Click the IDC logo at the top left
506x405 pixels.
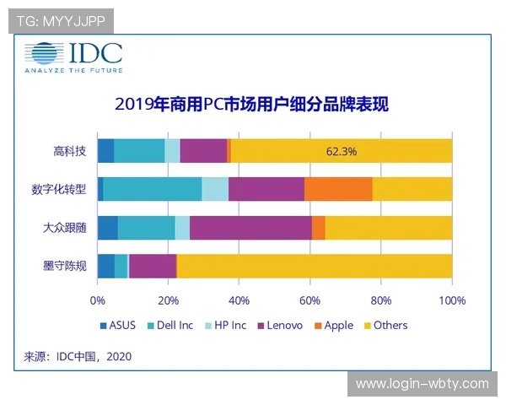pyautogui.click(x=73, y=58)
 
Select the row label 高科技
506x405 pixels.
pyautogui.click(x=69, y=151)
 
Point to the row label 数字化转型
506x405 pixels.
pyautogui.click(x=64, y=189)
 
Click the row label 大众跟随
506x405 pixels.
pyautogui.click(x=64, y=228)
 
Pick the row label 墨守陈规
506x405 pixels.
pyautogui.click(x=64, y=266)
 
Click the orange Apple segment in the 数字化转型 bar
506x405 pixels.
pyautogui.click(x=338, y=189)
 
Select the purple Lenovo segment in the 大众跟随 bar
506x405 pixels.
pyautogui.click(x=250, y=228)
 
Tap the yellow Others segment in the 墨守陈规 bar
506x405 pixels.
pyautogui.click(x=314, y=266)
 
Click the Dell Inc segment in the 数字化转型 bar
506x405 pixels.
pyautogui.click(x=152, y=189)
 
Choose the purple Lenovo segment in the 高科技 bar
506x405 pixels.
pyautogui.click(x=203, y=151)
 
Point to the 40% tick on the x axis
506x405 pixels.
pyautogui.click(x=240, y=300)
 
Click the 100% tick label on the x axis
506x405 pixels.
pyautogui.click(x=452, y=300)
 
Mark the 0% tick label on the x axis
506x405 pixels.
pyautogui.click(x=98, y=300)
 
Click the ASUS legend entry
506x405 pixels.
pyautogui.click(x=117, y=325)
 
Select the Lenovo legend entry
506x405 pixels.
pyautogui.click(x=278, y=325)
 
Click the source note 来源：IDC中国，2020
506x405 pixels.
pyautogui.click(x=78, y=357)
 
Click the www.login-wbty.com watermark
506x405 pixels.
pyautogui.click(x=422, y=384)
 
